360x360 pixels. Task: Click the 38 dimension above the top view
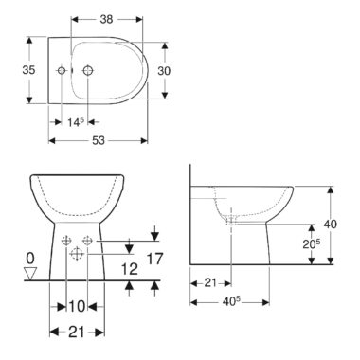click(x=106, y=19)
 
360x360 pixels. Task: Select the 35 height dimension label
click(x=28, y=70)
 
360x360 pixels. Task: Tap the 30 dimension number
click(x=164, y=71)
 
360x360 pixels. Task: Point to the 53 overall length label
click(x=99, y=140)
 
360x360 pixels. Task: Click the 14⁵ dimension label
click(x=76, y=122)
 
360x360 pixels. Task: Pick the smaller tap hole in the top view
click(x=62, y=71)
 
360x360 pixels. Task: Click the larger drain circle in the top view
click(x=88, y=71)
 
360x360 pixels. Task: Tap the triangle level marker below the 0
click(x=30, y=273)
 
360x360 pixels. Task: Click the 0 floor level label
click(x=30, y=259)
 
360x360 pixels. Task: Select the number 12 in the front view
click(x=130, y=269)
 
